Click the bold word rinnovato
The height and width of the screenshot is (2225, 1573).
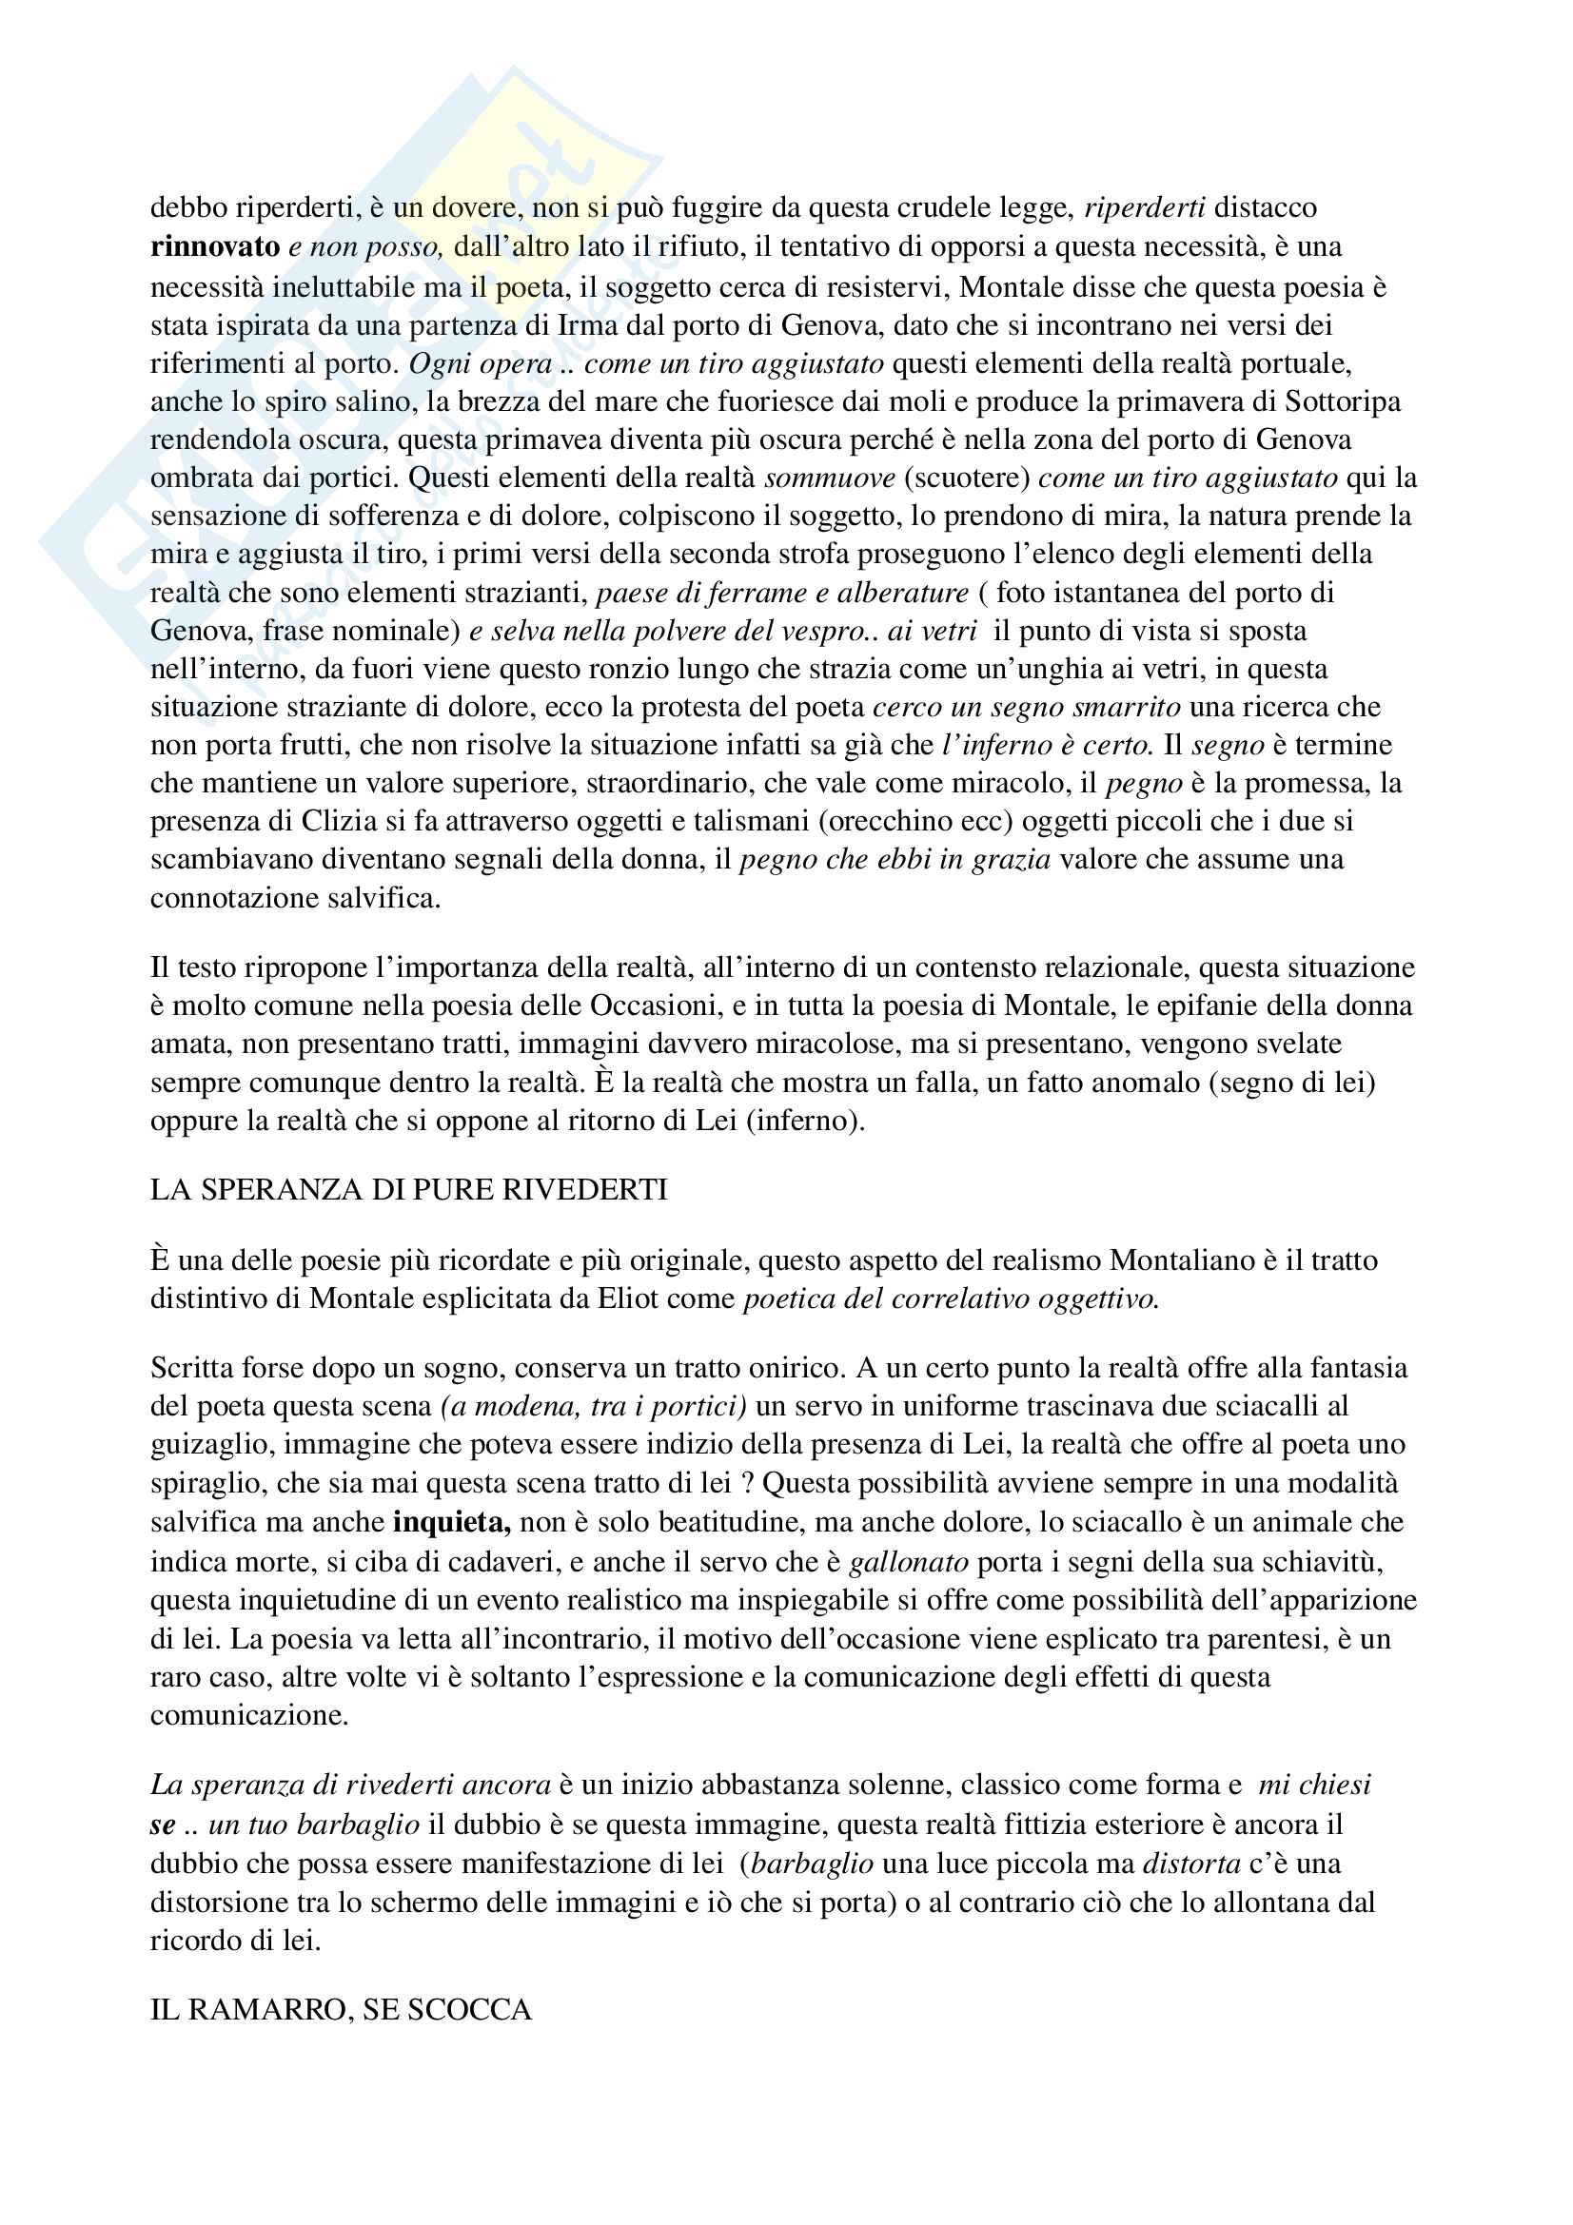(215, 247)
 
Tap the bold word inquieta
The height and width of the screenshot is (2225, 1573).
(452, 1521)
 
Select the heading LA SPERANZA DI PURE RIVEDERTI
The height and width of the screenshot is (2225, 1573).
(408, 1189)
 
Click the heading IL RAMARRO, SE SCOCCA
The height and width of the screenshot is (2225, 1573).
(342, 2009)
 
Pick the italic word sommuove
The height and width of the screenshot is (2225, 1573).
(830, 478)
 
